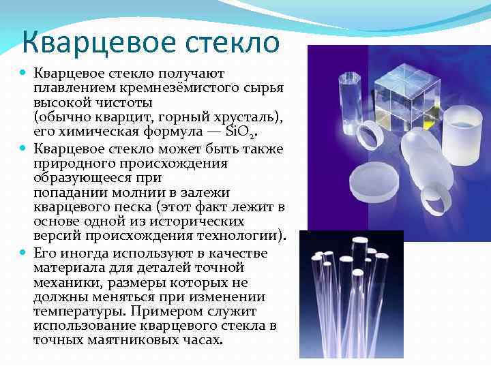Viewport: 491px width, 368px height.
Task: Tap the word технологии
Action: [250, 236]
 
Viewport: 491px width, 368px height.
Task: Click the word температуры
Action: [76, 311]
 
